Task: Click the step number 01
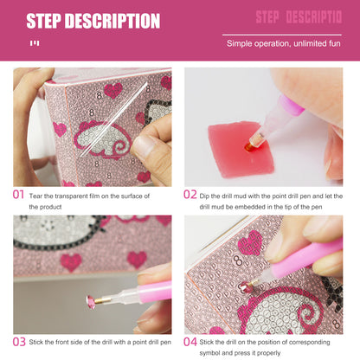pos(19,194)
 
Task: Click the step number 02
pos(190,194)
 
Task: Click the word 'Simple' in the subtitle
pos(239,42)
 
